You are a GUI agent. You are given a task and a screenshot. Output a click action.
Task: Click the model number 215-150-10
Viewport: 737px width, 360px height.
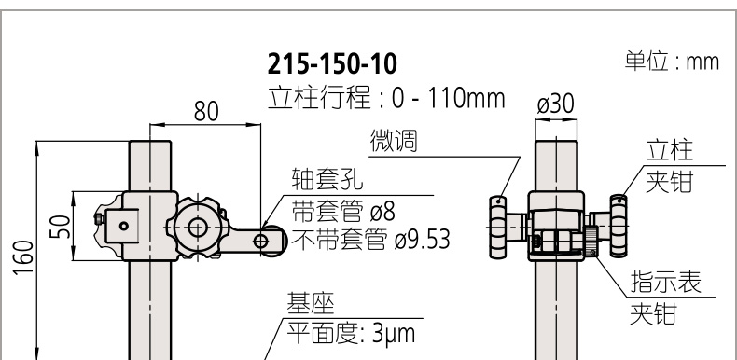[332, 64]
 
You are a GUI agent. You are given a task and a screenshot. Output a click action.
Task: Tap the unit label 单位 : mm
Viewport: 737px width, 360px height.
[672, 62]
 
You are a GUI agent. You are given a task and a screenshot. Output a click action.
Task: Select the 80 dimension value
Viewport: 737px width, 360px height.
[206, 112]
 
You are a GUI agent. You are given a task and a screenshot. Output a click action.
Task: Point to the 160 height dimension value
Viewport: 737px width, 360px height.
[24, 257]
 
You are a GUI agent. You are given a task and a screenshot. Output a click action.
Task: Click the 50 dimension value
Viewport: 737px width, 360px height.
[60, 227]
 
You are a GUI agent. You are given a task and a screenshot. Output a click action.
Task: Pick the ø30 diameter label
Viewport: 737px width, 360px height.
[556, 104]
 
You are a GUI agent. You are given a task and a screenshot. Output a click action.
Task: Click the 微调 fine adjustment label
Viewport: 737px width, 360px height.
[394, 141]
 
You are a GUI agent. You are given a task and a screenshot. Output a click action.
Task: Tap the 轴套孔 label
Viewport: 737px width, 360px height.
[327, 179]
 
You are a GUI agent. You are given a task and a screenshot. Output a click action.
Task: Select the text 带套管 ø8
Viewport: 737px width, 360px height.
[343, 212]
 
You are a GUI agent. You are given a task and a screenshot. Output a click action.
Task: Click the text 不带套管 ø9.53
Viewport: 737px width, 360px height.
[371, 239]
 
